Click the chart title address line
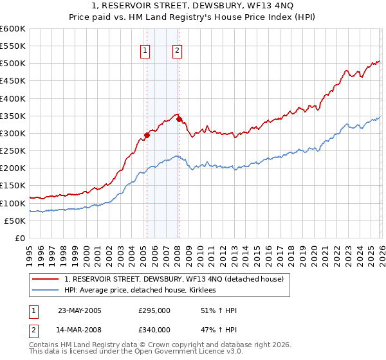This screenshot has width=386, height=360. pyautogui.click(x=193, y=7)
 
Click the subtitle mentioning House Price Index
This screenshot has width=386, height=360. pyautogui.click(x=193, y=18)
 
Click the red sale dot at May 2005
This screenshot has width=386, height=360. pyautogui.click(x=147, y=135)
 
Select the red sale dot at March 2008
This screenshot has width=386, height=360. pyautogui.click(x=179, y=120)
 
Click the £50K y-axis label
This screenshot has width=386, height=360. pyautogui.click(x=15, y=221)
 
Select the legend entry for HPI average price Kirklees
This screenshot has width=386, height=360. pyautogui.click(x=147, y=291)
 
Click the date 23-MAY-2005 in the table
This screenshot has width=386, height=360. pyautogui.click(x=80, y=310)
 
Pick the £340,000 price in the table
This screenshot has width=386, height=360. pyautogui.click(x=154, y=330)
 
